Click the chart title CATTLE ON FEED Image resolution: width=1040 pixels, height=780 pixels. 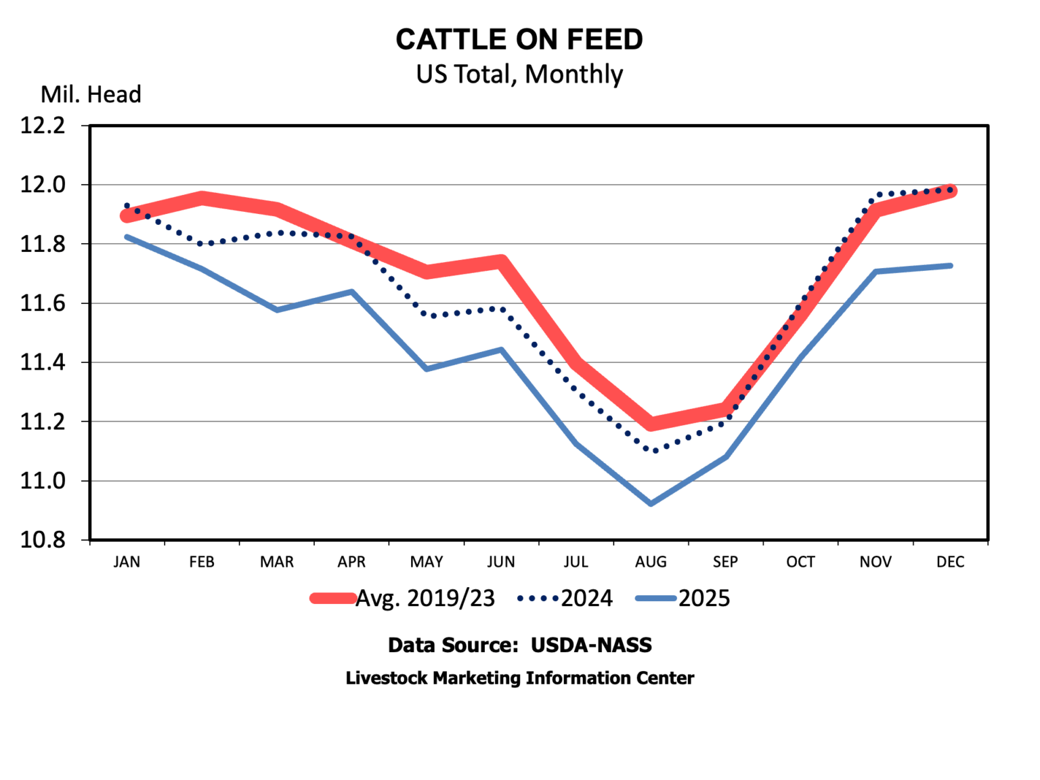pos(519,40)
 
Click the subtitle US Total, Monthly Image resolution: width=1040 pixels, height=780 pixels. pos(519,74)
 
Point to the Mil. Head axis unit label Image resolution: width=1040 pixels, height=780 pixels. pos(91,95)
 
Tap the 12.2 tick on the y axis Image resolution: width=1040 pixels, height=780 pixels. pos(43,126)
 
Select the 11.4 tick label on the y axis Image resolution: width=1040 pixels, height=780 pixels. pos(43,363)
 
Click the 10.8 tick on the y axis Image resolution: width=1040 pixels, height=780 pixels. pos(43,540)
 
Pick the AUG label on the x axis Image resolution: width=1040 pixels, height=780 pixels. pos(651,562)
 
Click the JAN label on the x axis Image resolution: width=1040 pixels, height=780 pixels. pos(127,562)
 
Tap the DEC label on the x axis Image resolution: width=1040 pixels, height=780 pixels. pos(950,562)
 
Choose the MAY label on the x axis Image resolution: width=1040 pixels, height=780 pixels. pos(427,562)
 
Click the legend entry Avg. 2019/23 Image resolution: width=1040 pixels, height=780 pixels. pos(425,599)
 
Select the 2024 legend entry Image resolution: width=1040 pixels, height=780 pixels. pos(586,599)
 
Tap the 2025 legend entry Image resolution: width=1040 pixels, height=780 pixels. pos(704,599)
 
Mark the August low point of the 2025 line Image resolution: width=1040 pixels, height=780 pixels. pos(651,504)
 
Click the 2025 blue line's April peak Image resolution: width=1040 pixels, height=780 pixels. pos(352,292)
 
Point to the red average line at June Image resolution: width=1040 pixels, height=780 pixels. pos(501,262)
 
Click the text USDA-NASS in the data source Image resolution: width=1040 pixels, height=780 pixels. pos(591,645)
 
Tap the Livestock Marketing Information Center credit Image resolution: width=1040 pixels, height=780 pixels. pos(519,678)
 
